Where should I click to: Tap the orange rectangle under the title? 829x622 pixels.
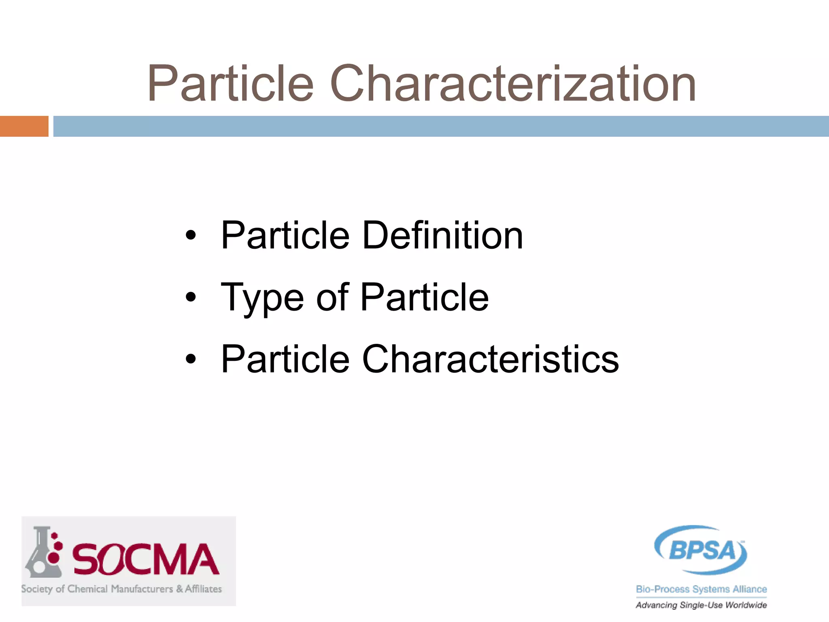pos(24,126)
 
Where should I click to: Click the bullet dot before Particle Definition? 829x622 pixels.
pos(191,235)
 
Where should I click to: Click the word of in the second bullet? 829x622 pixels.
pos(332,298)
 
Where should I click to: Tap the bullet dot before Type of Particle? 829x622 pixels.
pos(191,298)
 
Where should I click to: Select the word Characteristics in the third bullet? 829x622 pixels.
pos(490,359)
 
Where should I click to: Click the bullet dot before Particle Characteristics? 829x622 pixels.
pos(191,359)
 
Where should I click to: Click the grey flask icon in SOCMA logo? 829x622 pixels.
pos(43,553)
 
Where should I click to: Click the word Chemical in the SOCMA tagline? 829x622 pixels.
pos(88,589)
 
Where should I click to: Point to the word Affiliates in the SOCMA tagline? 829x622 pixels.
pos(203,589)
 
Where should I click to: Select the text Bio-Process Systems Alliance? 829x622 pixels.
pos(701,589)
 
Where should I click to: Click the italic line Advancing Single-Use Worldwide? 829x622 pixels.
pos(701,605)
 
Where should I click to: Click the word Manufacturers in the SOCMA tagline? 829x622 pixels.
pos(142,589)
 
